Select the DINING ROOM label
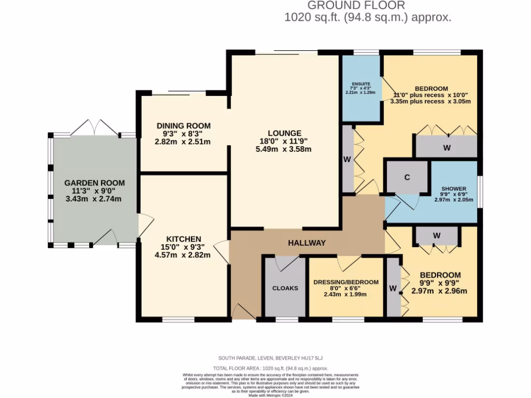(184, 125)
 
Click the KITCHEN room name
(183, 239)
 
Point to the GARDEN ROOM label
(94, 183)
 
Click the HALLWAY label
(307, 243)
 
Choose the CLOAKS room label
(285, 288)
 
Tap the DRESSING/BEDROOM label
(346, 282)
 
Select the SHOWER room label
(454, 189)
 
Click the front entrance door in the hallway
(243, 312)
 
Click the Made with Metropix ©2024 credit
(271, 395)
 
